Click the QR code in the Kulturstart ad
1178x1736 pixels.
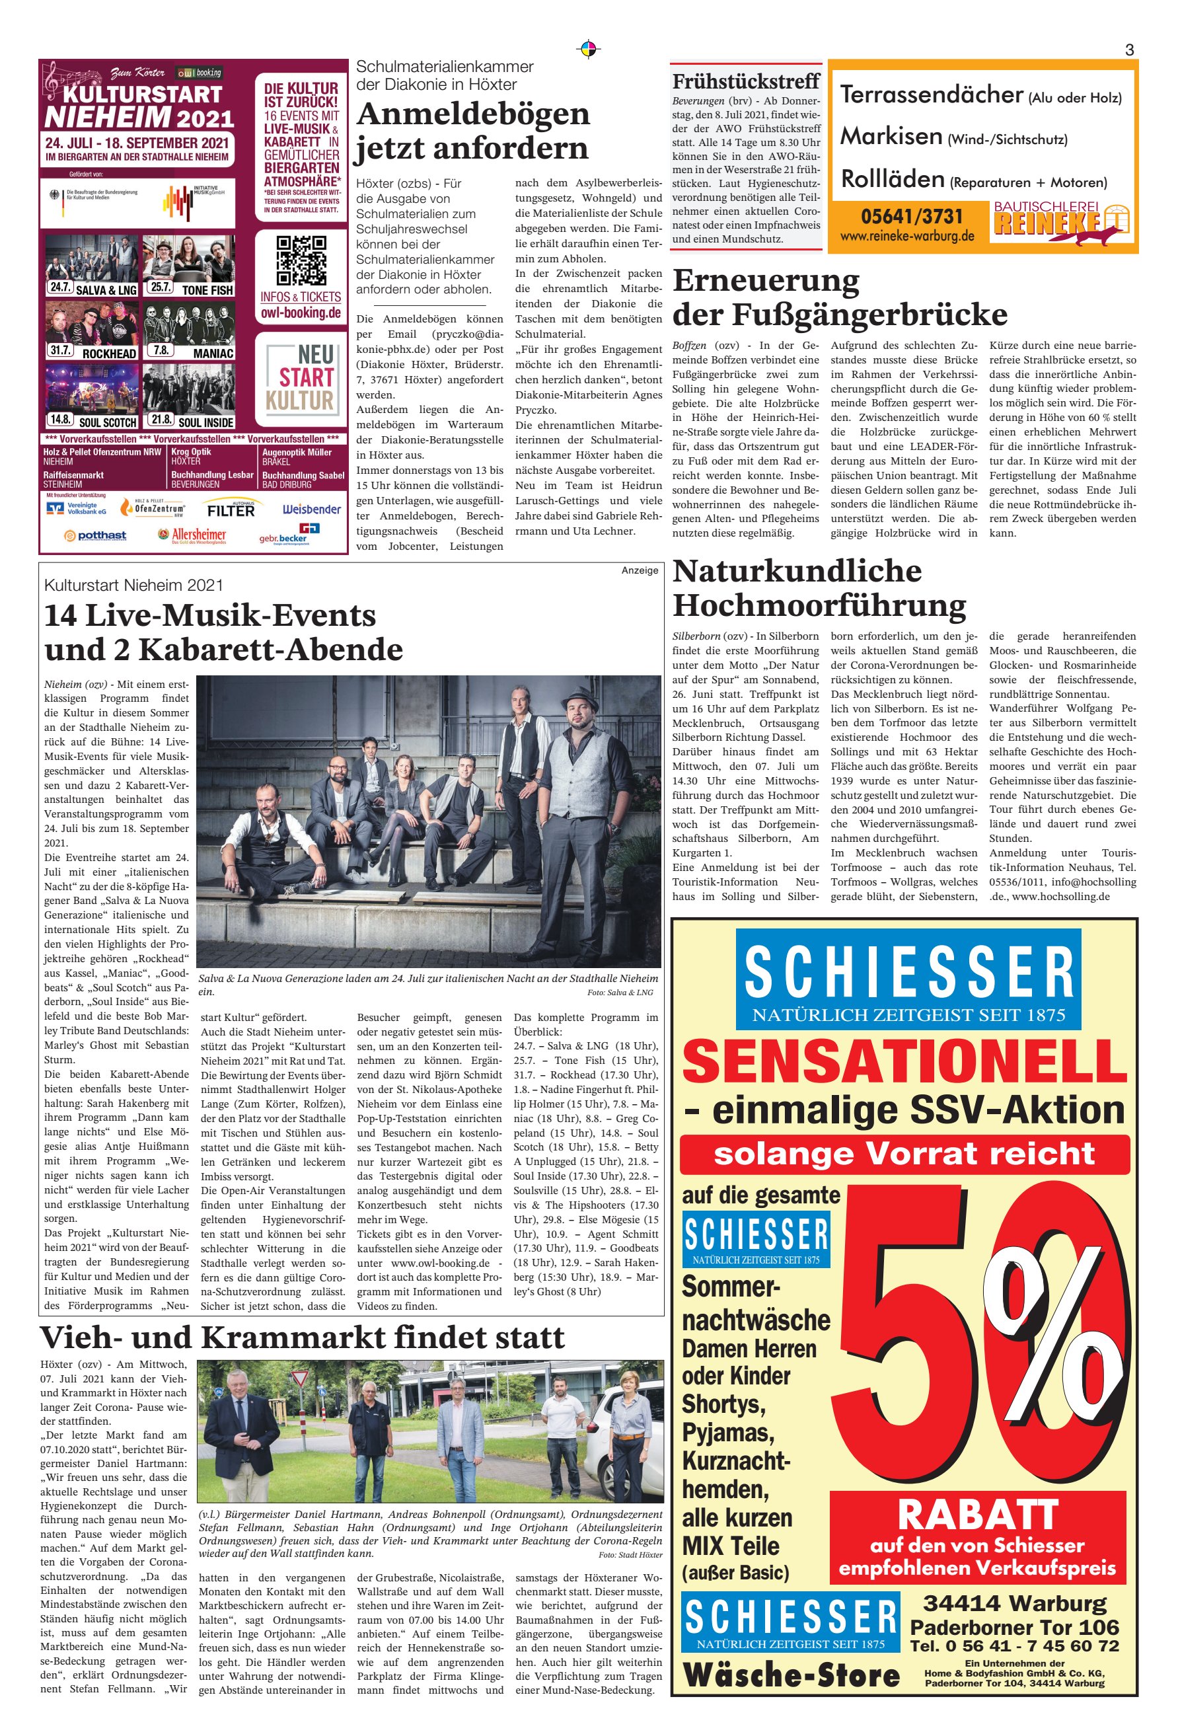[301, 261]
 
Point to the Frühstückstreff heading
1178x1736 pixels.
[745, 81]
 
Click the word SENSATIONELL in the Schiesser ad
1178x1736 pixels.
[904, 1061]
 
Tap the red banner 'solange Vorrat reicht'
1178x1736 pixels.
[904, 1153]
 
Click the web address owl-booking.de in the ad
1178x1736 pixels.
[301, 313]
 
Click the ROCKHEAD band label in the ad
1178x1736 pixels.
[108, 354]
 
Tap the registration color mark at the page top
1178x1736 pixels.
[589, 50]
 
